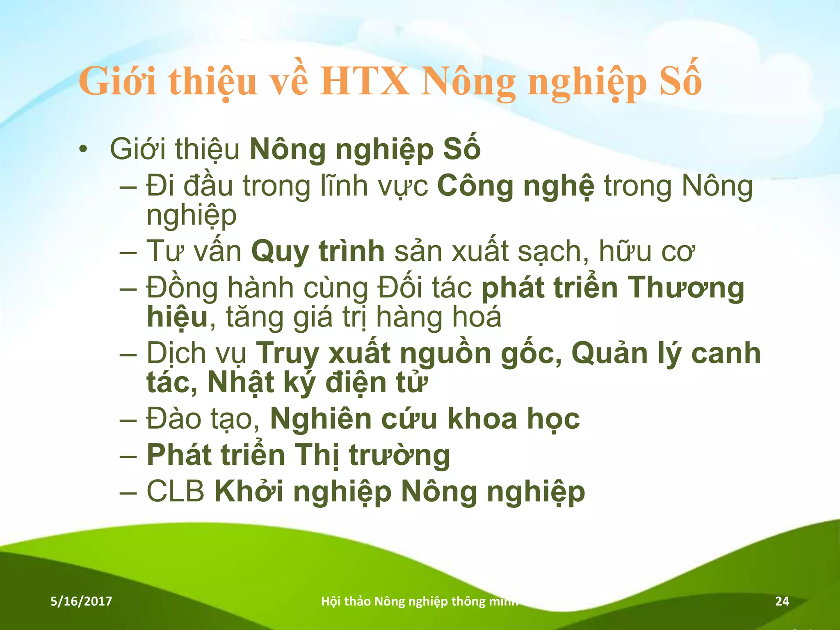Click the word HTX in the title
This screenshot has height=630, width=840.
coord(365,81)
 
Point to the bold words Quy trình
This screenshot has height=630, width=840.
coord(318,251)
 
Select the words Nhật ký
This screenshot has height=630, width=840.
coord(262,382)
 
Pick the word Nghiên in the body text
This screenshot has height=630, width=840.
coord(320,419)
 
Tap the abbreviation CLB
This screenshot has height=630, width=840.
coord(176,491)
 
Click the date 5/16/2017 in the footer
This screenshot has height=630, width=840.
coord(81,601)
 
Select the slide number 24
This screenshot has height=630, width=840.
coord(782,601)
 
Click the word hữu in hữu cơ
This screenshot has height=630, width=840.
coord(625,251)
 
